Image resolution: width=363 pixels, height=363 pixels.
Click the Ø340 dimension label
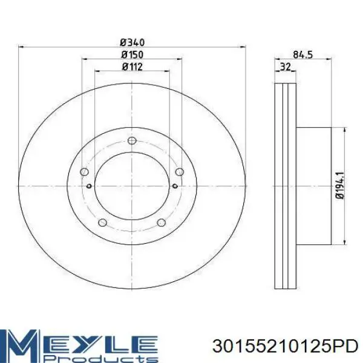(x=132, y=42)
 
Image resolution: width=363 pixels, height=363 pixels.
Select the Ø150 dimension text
(x=132, y=55)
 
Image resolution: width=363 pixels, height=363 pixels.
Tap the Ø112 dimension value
(x=132, y=67)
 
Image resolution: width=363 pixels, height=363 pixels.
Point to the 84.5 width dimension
(x=303, y=55)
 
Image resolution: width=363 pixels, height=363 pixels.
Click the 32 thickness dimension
(x=285, y=67)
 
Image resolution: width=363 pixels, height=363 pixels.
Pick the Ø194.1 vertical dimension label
(x=340, y=185)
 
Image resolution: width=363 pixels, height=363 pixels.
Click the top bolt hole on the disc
(x=132, y=140)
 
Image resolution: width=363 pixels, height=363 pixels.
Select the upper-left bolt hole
(x=84, y=172)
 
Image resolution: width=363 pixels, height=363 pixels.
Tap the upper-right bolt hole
(x=180, y=172)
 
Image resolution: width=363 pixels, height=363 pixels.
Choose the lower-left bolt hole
(x=102, y=223)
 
